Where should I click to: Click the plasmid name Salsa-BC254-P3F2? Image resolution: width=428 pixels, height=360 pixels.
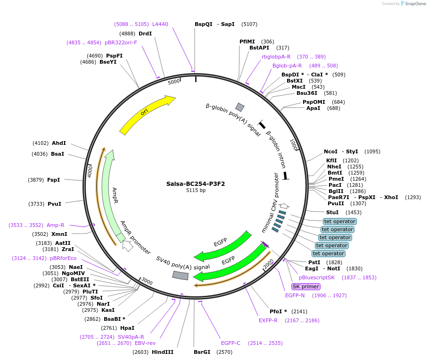196,184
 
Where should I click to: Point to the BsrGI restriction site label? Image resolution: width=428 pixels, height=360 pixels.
202,352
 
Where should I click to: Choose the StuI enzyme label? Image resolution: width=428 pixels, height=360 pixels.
332,212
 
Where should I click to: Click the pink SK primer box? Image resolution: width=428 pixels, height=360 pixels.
306,286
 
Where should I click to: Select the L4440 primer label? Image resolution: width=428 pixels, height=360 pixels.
160,24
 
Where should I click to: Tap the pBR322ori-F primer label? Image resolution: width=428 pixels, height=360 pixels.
121,42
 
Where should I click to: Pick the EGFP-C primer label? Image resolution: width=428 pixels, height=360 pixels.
230,343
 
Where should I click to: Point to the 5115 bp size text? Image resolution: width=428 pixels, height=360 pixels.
196,191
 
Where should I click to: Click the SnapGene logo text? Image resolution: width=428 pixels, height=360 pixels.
414,4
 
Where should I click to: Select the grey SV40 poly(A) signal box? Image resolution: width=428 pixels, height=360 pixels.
180,275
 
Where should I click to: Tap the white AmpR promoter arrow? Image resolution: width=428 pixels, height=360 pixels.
127,245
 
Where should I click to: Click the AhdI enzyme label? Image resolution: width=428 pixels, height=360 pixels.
59,143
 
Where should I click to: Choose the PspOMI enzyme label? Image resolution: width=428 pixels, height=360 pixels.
313,102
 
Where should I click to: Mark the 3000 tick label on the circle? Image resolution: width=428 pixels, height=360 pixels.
147,282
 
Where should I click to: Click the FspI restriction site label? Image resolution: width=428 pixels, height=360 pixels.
53,180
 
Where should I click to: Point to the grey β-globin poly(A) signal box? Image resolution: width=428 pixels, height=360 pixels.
240,107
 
